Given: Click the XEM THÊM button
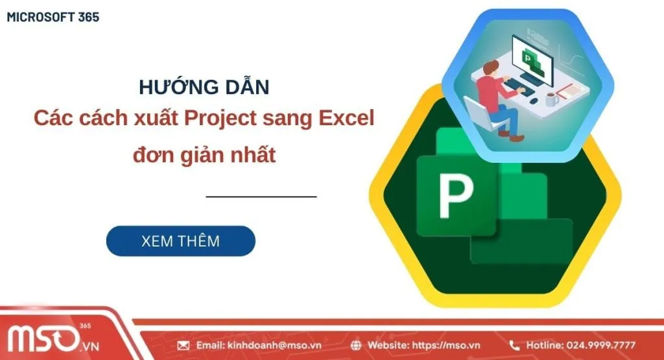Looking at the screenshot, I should pos(180,241).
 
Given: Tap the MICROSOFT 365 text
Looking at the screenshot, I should pos(53,18).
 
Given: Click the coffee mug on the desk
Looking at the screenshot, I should pos(551,99).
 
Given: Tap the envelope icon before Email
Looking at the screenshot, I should pos(183,345).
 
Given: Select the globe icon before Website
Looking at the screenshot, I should pos(356,345).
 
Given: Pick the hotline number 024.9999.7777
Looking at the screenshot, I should pos(600,345).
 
